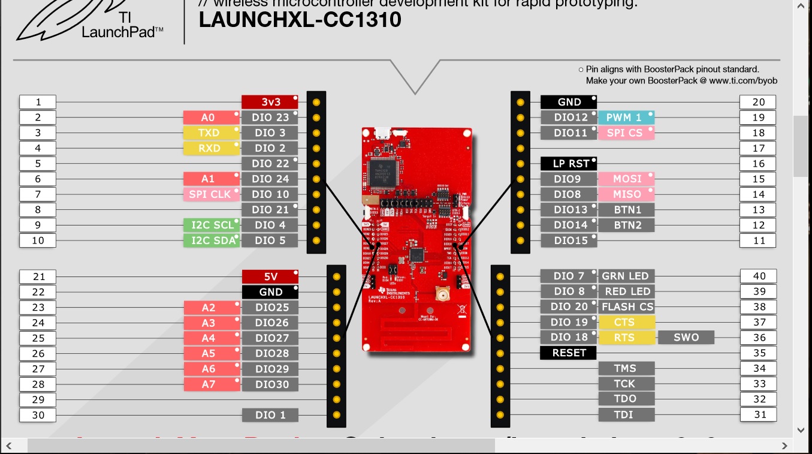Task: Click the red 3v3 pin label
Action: click(270, 102)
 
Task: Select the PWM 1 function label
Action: click(626, 118)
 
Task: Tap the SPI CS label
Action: click(626, 133)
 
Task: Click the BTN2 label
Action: click(627, 225)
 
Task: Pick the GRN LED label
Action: click(626, 276)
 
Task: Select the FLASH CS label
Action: click(627, 307)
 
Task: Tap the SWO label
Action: click(686, 337)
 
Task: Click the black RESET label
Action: click(568, 353)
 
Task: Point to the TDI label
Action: click(625, 414)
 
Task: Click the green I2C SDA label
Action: click(212, 240)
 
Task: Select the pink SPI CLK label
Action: click(210, 194)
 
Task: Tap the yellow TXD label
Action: click(210, 133)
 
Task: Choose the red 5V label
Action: click(270, 276)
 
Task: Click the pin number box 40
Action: click(759, 276)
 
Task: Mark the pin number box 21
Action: click(38, 276)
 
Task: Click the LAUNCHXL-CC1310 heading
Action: click(300, 20)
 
